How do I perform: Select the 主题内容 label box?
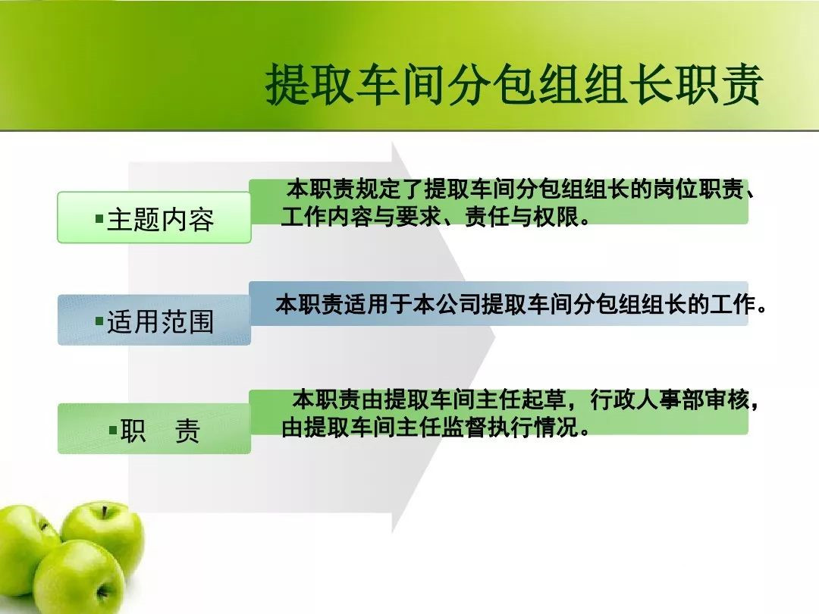click(154, 218)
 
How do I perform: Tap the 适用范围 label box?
click(154, 320)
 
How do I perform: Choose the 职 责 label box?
click(154, 428)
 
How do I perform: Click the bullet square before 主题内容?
click(99, 218)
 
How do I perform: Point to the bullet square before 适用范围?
click(99, 321)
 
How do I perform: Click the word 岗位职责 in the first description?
click(698, 190)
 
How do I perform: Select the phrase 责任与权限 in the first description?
click(522, 217)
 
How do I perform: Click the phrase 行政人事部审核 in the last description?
click(670, 400)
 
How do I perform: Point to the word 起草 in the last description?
click(544, 400)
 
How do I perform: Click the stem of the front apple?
click(102, 593)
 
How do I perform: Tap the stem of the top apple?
click(105, 511)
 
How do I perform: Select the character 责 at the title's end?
click(742, 85)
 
